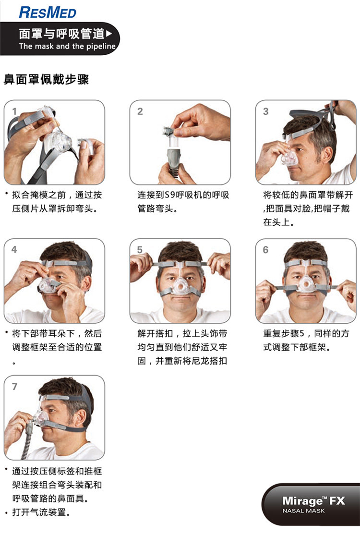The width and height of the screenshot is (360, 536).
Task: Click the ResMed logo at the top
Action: coord(48,12)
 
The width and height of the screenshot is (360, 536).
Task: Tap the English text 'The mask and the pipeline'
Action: coord(67,47)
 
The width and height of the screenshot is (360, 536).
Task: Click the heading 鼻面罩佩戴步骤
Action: coord(46,79)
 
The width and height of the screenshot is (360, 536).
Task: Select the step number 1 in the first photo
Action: coord(14,112)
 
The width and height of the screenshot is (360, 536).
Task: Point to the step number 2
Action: coord(140,112)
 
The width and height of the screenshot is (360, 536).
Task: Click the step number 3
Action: coord(266,112)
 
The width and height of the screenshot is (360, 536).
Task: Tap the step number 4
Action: coord(14,250)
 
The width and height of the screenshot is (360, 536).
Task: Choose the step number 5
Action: coord(140,250)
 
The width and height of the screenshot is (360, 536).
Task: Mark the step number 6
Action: coord(266,250)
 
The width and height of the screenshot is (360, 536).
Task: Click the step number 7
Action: coord(14,387)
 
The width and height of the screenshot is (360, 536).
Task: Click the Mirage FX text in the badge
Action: coord(313,501)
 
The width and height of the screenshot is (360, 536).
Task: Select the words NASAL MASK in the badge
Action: coord(303,511)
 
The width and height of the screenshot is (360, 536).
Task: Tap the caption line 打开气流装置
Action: coord(42,512)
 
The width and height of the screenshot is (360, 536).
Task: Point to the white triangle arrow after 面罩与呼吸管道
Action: coord(108,34)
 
